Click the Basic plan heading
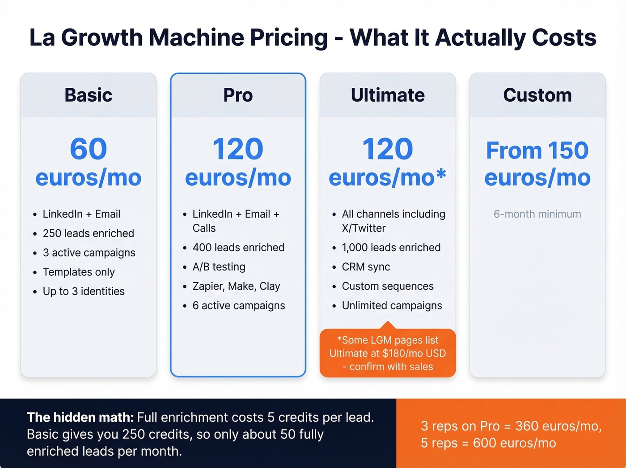(x=88, y=95)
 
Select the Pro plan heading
(x=238, y=95)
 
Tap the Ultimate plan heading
(x=388, y=95)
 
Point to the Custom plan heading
(x=537, y=95)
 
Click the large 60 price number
(x=88, y=149)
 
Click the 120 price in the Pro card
(x=238, y=149)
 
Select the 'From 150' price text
(x=537, y=150)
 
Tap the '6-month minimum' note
(x=537, y=214)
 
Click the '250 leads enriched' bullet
(x=88, y=233)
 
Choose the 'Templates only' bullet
(x=79, y=272)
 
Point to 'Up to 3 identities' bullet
(x=84, y=291)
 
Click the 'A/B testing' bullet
(x=219, y=267)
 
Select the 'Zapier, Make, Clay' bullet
(x=236, y=286)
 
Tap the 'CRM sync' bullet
(x=366, y=267)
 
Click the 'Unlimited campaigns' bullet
(x=392, y=305)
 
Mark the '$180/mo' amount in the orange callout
(x=402, y=353)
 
